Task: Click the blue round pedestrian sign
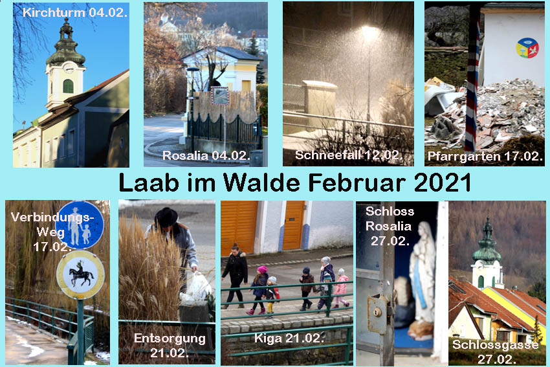[80, 225]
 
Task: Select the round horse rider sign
[81, 274]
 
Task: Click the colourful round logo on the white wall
[527, 48]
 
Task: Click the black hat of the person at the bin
[166, 217]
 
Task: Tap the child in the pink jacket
[340, 287]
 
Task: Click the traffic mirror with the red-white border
[220, 95]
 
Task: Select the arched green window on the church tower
[68, 86]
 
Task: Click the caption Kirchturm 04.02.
[74, 13]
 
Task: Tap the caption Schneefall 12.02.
[349, 155]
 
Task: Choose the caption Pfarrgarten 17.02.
[485, 156]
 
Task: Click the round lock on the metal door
[377, 311]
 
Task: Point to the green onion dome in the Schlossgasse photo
[487, 242]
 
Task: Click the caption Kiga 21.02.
[289, 339]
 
